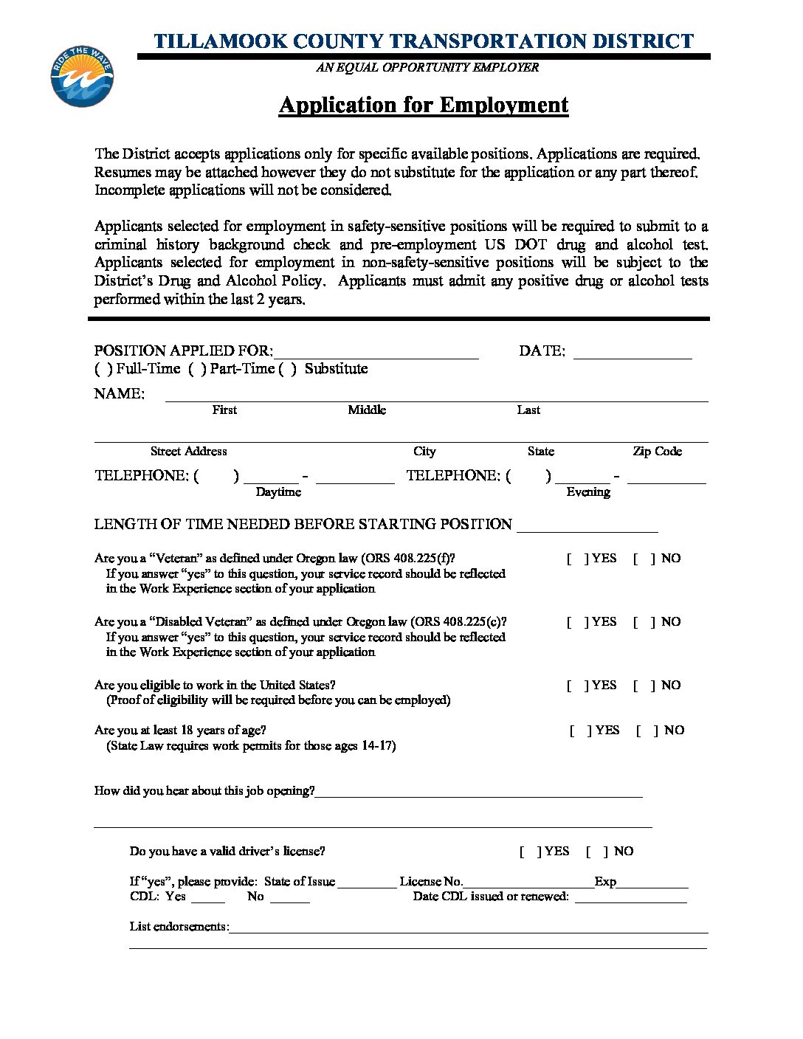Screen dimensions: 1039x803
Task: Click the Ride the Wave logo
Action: point(82,77)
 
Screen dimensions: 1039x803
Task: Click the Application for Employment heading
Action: point(424,105)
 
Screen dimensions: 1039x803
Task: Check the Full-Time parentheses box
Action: point(103,369)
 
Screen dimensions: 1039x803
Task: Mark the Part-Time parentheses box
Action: point(197,369)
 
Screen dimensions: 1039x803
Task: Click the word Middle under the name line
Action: point(367,410)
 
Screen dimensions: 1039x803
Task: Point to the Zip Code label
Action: point(657,452)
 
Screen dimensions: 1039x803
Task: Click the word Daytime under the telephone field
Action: point(278,492)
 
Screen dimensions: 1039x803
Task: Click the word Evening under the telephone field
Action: point(588,492)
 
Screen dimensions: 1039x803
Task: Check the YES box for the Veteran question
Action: point(577,559)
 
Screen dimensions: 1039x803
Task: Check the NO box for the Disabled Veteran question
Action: point(644,622)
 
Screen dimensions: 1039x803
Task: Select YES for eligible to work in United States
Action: point(577,686)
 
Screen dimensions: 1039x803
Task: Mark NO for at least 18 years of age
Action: point(647,731)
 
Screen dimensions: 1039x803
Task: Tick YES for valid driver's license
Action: point(530,852)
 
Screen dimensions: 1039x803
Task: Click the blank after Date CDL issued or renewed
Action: point(630,898)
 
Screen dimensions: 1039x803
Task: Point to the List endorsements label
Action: point(179,927)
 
